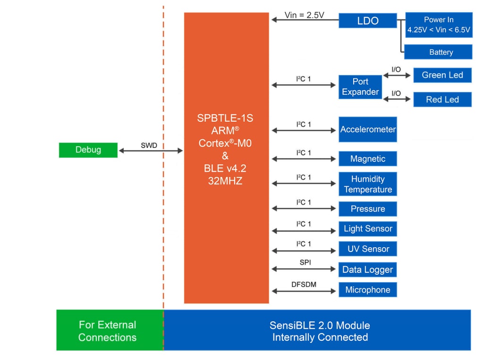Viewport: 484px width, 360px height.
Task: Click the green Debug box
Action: click(x=88, y=150)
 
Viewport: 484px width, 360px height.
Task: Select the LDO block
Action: click(x=367, y=21)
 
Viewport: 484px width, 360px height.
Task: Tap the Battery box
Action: click(x=438, y=52)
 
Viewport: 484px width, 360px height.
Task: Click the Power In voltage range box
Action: click(x=439, y=25)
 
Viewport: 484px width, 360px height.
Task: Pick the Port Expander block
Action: click(x=360, y=87)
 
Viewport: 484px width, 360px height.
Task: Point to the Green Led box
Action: click(x=442, y=75)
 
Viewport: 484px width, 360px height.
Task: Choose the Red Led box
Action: click(x=442, y=100)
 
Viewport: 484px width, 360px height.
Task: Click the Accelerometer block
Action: click(x=367, y=129)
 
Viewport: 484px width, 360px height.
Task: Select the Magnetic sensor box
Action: click(x=367, y=159)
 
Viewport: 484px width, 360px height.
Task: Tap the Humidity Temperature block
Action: click(x=367, y=184)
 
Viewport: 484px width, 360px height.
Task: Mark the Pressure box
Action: click(x=367, y=209)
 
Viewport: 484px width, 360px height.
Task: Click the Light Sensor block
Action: click(x=367, y=229)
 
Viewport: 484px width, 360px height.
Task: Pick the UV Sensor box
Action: click(x=367, y=249)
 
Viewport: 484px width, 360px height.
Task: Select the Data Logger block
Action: click(x=367, y=270)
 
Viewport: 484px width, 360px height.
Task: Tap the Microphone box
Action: click(x=367, y=290)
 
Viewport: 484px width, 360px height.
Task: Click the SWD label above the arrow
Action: click(x=149, y=145)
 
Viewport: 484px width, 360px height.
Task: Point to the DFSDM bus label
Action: click(x=304, y=284)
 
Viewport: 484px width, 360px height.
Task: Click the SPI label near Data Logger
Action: click(x=305, y=262)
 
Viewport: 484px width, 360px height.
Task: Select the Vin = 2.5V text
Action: click(x=304, y=15)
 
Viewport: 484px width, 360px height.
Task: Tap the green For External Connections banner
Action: click(x=108, y=331)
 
